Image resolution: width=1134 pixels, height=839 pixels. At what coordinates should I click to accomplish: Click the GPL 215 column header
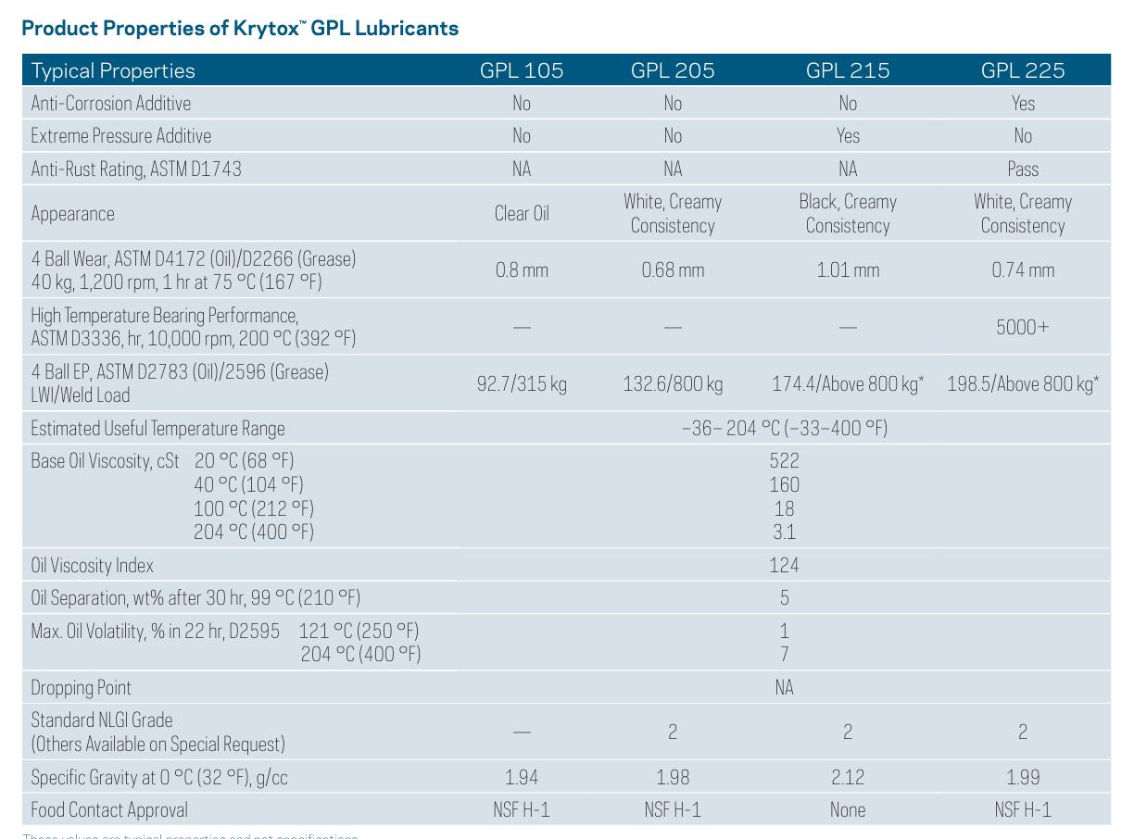[x=847, y=70]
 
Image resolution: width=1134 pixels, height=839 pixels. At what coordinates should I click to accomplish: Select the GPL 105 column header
[x=522, y=70]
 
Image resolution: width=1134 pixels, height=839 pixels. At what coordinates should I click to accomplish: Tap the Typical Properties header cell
[x=113, y=70]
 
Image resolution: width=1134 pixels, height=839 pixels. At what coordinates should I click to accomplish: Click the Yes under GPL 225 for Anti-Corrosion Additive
[x=1023, y=103]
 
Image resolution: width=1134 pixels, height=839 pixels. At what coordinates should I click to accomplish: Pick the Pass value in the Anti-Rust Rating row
[x=1023, y=169]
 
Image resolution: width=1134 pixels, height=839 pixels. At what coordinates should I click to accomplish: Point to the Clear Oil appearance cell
[x=522, y=213]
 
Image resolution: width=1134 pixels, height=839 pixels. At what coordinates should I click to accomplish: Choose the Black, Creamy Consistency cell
[x=847, y=213]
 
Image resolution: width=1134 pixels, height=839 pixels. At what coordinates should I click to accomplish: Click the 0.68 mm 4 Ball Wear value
[x=673, y=270]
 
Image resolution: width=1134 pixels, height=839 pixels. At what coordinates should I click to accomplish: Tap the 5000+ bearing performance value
[x=1023, y=327]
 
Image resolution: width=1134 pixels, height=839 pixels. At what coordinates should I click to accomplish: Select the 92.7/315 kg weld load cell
[x=522, y=382]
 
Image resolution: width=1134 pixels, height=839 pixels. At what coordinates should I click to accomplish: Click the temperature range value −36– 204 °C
[x=784, y=428]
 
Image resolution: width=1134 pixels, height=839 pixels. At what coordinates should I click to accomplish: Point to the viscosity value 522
[x=784, y=460]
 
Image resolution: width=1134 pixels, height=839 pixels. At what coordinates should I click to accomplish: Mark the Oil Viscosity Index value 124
[x=784, y=565]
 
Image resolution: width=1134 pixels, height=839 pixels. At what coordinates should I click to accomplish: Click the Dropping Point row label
[x=82, y=687]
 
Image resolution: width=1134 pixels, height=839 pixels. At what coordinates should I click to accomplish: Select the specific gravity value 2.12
[x=847, y=777]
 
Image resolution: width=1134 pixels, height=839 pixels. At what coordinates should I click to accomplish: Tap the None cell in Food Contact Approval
[x=847, y=809]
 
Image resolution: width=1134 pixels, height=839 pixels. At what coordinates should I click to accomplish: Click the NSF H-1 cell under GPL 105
[x=522, y=809]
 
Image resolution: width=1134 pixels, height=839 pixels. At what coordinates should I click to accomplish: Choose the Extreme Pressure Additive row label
[x=121, y=135]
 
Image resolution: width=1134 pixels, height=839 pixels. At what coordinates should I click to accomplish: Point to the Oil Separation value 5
[x=784, y=597]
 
